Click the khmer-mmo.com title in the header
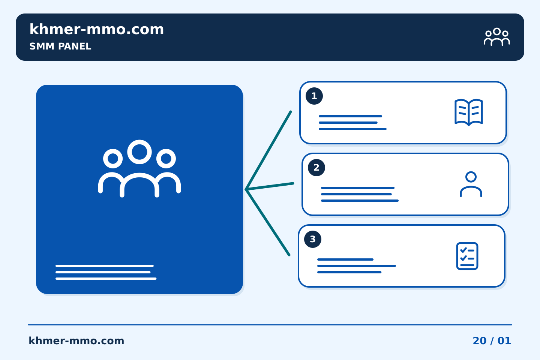tap(97, 29)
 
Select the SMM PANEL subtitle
tap(60, 46)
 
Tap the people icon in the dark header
tap(496, 37)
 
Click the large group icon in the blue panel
tap(139, 168)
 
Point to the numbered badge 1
tap(314, 96)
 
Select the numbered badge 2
tap(316, 168)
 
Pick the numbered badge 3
tap(313, 239)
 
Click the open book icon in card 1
tap(469, 112)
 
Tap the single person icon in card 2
tap(471, 184)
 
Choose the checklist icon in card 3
tap(467, 256)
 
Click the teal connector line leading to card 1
tap(268, 150)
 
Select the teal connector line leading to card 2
tap(270, 186)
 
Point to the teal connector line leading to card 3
tap(268, 222)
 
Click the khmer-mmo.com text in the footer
tap(76, 341)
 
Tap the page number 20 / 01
tap(492, 341)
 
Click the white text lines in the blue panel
tap(106, 272)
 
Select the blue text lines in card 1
tap(352, 123)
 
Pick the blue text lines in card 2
tap(360, 194)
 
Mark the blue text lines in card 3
tap(357, 266)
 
